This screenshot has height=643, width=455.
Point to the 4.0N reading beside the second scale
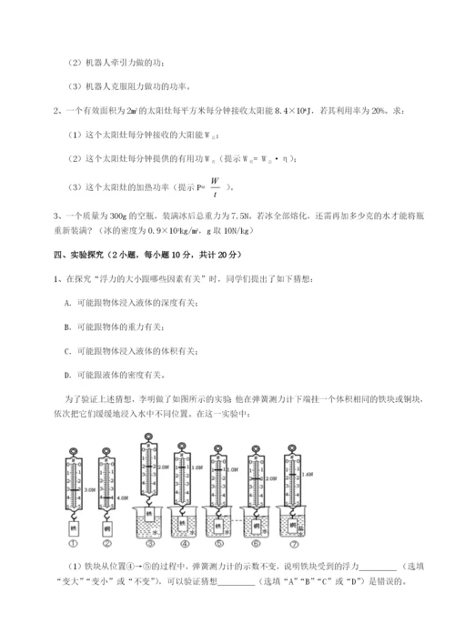[x=124, y=497]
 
